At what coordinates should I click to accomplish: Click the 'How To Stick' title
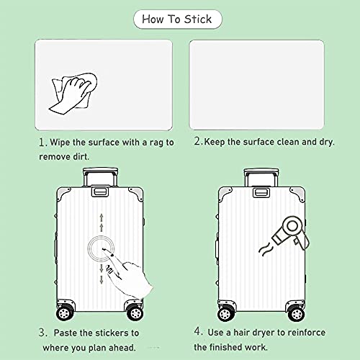coord(177,19)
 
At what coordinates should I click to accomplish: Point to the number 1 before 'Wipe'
coord(42,143)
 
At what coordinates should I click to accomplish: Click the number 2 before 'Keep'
coord(197,141)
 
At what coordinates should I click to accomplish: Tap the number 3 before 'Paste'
coord(42,333)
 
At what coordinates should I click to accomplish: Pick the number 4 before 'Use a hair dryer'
coord(197,331)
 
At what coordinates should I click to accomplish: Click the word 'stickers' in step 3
coord(112,333)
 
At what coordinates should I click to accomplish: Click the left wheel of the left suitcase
coord(64,312)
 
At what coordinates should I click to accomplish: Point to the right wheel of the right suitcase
coord(297,314)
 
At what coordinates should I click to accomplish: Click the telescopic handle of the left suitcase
coord(100,177)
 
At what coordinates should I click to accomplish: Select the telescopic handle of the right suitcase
coord(261,178)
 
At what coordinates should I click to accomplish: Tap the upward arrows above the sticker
coord(102,222)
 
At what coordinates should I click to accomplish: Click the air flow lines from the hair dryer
coord(265,249)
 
